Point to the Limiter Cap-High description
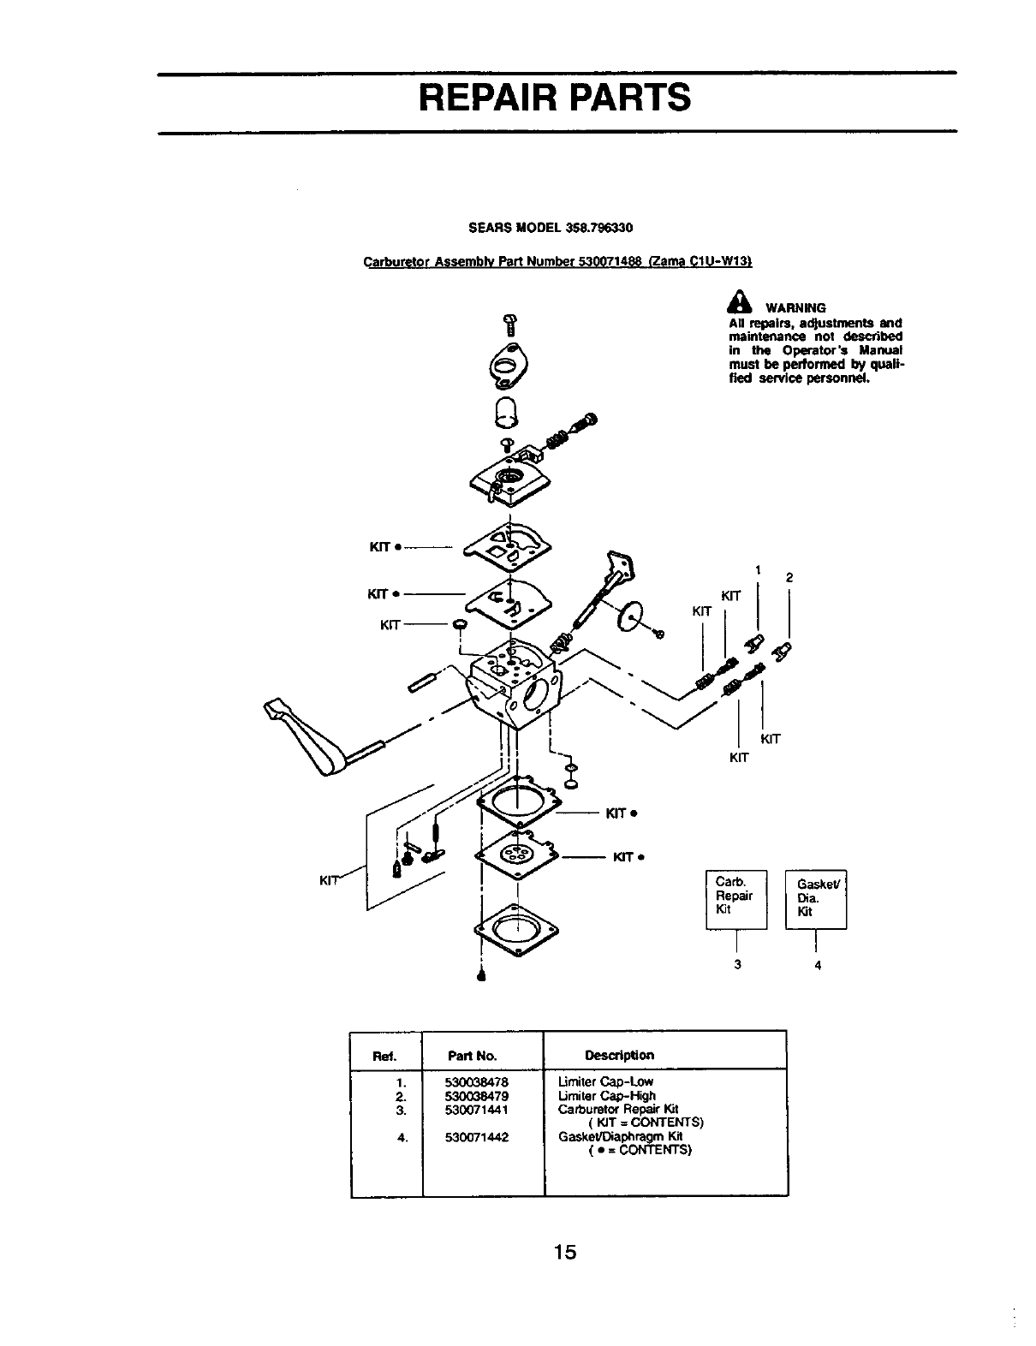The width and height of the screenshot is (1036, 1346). [606, 1095]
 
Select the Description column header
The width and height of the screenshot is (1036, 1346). [619, 1055]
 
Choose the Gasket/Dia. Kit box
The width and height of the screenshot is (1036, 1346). [815, 897]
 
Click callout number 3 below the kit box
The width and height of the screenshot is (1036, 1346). [736, 964]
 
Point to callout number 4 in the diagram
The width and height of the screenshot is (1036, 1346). [818, 965]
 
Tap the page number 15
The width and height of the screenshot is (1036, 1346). [564, 1253]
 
